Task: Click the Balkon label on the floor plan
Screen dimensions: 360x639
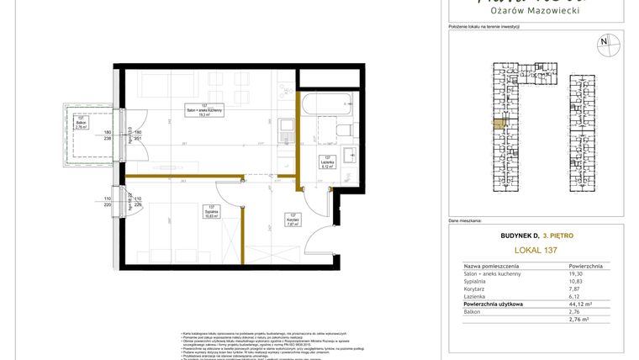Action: pos(81,122)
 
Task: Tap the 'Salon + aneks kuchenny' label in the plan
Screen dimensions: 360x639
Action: pos(204,111)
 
